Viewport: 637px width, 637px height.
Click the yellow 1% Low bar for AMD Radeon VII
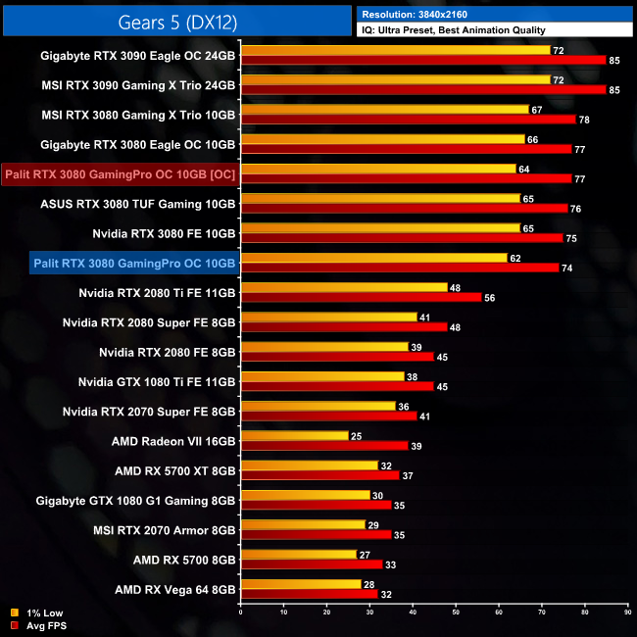294,435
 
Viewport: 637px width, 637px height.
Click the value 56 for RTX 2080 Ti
490,298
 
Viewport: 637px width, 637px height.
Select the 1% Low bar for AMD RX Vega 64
300,583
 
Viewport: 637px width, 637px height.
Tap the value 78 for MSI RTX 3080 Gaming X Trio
584,120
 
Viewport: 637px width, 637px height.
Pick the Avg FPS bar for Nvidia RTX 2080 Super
343,327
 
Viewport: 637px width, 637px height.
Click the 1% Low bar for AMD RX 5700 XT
309,465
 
